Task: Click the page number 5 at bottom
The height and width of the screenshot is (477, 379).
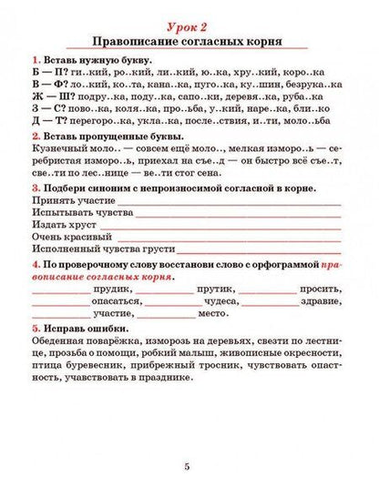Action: [189, 464]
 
